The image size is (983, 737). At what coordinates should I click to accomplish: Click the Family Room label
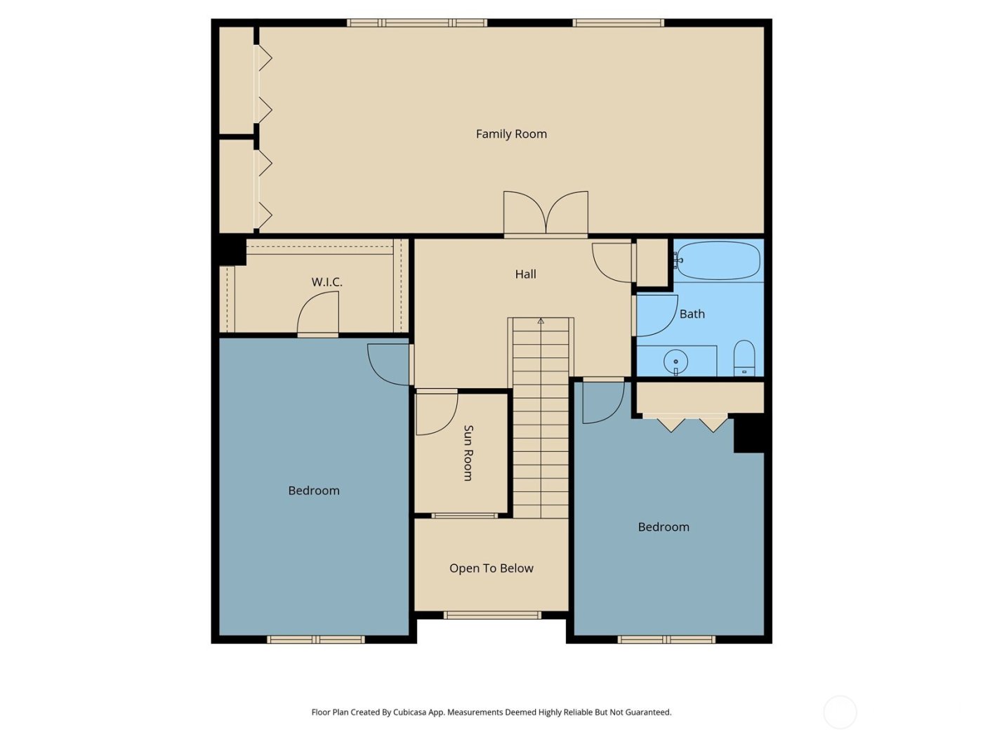coord(511,134)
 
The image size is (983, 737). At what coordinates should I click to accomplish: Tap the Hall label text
coord(525,274)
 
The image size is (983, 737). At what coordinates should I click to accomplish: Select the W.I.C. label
coord(326,282)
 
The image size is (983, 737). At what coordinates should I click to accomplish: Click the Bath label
coord(692,314)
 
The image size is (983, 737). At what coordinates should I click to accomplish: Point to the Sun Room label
coord(468,453)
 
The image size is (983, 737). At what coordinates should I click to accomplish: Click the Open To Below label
coord(491,569)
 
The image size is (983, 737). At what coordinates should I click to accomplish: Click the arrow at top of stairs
coord(541,321)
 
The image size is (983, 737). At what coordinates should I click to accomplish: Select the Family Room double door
coord(546,213)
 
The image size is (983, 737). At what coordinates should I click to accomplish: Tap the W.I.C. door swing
coord(319,314)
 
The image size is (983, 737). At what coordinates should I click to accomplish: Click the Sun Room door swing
coord(435,413)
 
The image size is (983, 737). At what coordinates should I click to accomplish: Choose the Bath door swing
coord(654,316)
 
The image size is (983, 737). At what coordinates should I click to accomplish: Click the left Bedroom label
coord(314,491)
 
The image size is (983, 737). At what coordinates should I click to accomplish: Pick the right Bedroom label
coord(663,527)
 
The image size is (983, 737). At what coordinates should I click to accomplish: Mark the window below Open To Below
coord(492,616)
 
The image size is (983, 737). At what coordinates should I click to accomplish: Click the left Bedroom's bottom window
coord(315,639)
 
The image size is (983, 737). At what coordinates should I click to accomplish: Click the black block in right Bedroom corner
coord(748,434)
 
